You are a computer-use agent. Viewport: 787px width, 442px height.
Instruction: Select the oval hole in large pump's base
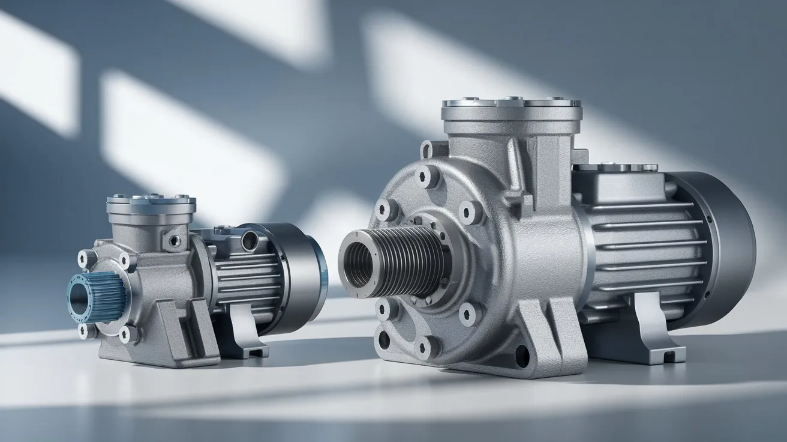(x=522, y=356)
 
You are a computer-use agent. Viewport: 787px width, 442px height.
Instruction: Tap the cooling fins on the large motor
(x=642, y=246)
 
